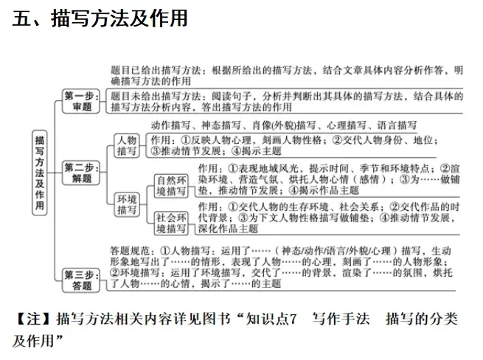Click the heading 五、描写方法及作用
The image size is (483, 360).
pyautogui.click(x=100, y=18)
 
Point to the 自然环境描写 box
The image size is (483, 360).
pyautogui.click(x=170, y=185)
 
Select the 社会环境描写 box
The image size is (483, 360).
pyautogui.click(x=170, y=224)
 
